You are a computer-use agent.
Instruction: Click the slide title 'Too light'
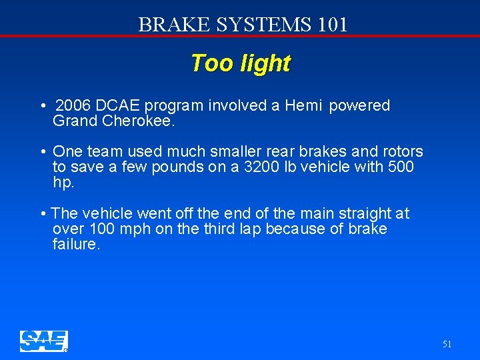[241, 63]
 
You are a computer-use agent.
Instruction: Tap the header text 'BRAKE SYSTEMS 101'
[243, 25]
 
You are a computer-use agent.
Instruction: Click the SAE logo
[43, 341]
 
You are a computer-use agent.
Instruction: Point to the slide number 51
[447, 344]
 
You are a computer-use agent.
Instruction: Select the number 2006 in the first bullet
[74, 106]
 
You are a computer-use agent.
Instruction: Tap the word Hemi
[304, 106]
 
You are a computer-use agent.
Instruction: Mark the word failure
[75, 245]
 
